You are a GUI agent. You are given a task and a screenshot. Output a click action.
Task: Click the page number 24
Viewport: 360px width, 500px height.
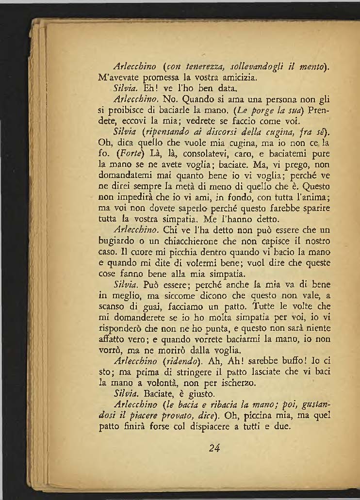pyautogui.click(x=214, y=448)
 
